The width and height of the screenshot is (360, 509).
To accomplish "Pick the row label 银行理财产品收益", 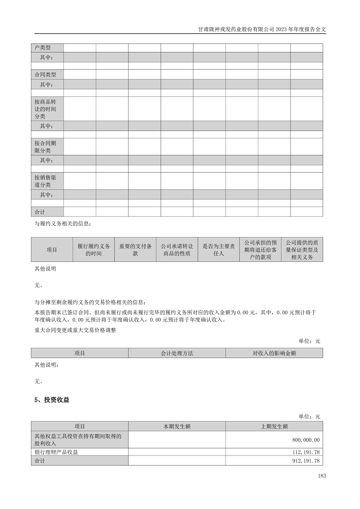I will pos(59,452).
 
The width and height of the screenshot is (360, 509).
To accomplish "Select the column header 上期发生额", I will pos(274,426).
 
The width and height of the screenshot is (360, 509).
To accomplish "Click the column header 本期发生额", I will pos(177,426).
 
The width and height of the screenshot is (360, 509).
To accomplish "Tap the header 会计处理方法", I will pos(177,353).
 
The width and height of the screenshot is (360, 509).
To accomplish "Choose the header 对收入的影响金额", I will pos(274,353).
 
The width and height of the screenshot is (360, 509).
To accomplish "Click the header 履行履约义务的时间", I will pos(94,250).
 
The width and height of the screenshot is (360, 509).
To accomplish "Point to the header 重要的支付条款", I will pos(135,250).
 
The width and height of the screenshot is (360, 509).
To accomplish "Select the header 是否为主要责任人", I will pos(218,250).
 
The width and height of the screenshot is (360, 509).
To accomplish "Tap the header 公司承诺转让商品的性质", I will pos(177,250).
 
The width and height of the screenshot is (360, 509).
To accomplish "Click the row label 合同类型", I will pos(45,74).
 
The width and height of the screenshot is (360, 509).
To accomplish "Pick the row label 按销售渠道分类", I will pos(45,181).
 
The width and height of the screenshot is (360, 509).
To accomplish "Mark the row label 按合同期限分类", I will pos(45,146).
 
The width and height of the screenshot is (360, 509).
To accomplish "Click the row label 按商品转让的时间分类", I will pos(45,109).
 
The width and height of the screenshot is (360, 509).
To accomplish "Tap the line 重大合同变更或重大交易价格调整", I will pos(75,330).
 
